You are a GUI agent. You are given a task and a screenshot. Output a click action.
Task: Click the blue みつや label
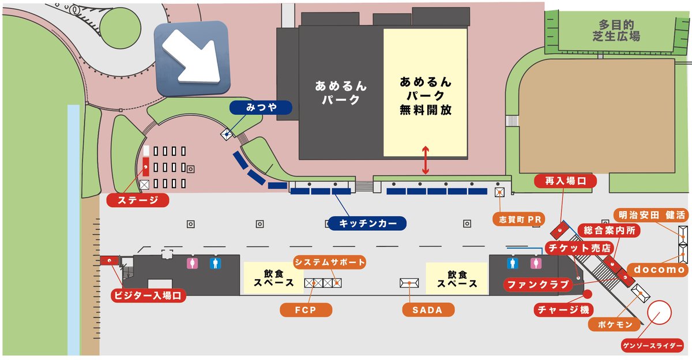(261, 107)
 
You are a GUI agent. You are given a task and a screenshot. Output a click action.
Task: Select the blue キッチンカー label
(367, 223)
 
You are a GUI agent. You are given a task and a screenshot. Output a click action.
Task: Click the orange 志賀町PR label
(518, 219)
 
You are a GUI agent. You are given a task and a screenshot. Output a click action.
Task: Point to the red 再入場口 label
(565, 181)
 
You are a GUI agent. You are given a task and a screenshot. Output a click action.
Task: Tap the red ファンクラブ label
(537, 284)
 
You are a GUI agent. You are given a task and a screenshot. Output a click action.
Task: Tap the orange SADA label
(428, 310)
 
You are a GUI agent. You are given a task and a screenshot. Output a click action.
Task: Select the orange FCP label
(306, 310)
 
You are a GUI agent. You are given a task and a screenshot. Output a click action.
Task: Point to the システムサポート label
(330, 262)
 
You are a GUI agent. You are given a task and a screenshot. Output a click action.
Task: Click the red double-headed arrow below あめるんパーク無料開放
(425, 161)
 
